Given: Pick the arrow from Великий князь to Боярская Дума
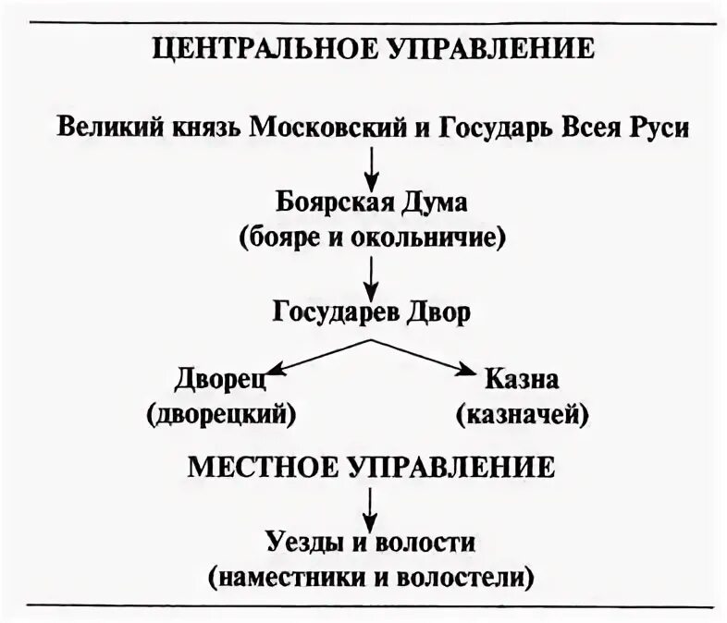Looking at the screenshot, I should point(371,167).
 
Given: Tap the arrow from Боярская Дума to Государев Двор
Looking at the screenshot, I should point(371,275).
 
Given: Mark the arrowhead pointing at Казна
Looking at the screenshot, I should point(466,371).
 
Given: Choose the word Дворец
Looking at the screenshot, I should point(219,379).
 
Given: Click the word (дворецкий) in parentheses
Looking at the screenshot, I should point(220,414).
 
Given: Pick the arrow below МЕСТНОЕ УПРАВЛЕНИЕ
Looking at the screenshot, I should point(371,507).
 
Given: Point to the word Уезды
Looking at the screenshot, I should point(291,543).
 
